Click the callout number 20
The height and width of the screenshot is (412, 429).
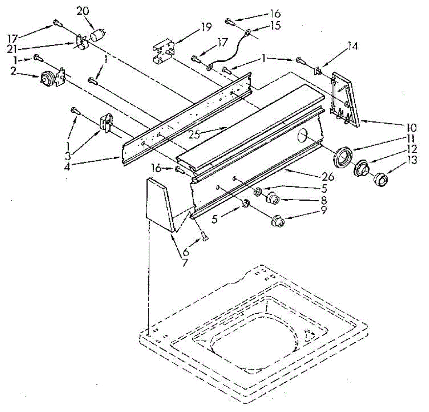click(83, 11)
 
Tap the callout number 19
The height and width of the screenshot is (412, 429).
click(206, 27)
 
